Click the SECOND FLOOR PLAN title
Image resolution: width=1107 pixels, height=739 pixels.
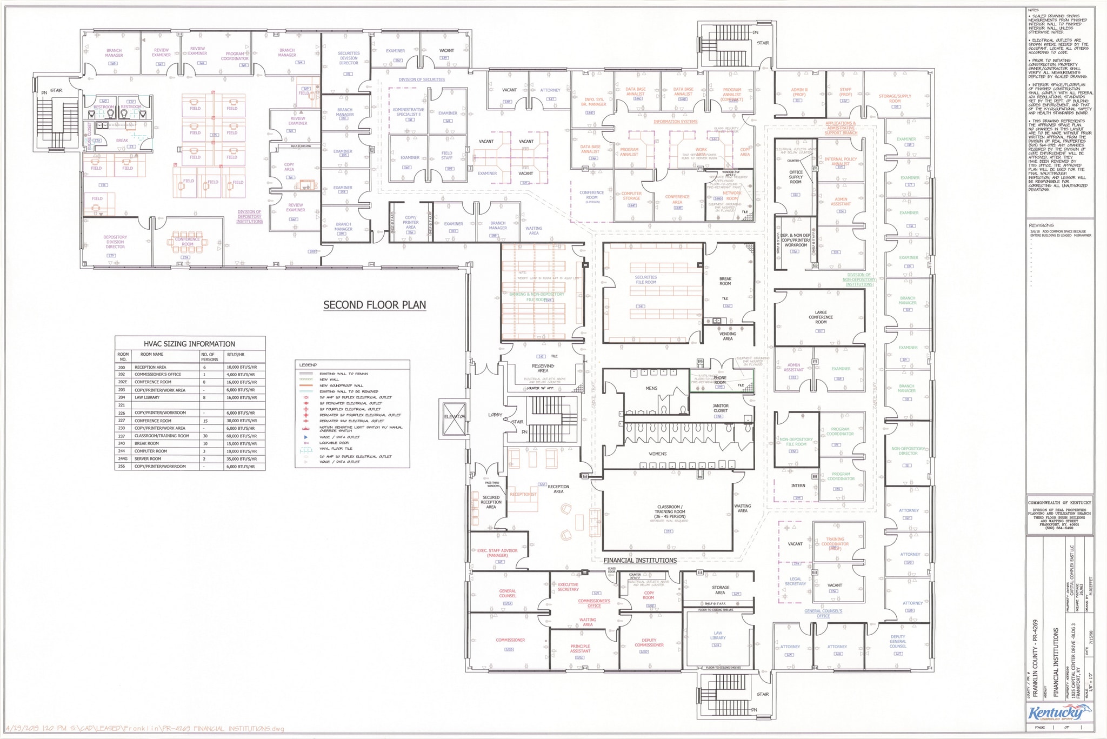click(374, 305)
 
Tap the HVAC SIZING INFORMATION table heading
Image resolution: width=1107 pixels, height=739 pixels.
click(189, 344)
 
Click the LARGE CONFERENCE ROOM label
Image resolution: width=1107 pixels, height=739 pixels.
click(821, 317)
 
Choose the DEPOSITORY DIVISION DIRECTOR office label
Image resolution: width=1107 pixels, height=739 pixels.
click(115, 242)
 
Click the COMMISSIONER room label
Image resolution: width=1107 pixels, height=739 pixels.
click(510, 640)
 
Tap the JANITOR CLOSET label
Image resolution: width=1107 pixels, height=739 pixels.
click(721, 408)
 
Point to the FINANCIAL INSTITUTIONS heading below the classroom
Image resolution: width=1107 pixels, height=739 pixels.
click(640, 561)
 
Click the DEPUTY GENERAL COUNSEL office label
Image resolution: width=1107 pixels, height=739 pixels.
click(897, 641)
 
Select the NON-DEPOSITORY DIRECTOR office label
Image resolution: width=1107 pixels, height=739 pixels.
click(908, 451)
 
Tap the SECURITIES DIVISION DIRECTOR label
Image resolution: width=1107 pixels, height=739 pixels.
click(349, 58)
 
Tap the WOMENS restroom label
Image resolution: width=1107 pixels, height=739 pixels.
click(658, 454)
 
